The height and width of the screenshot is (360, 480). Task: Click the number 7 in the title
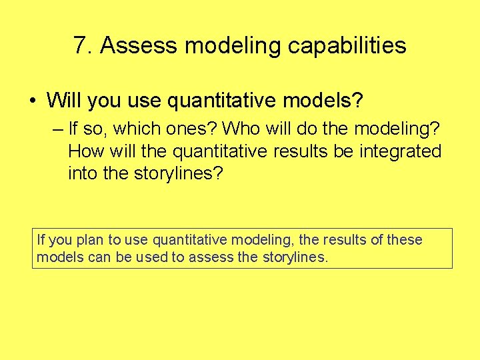pyautogui.click(x=81, y=46)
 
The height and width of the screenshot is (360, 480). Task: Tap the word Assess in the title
pyautogui.click(x=139, y=46)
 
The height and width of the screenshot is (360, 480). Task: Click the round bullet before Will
pyautogui.click(x=33, y=101)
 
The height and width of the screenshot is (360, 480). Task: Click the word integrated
pyautogui.click(x=401, y=151)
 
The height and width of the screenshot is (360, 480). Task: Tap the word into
pyautogui.click(x=81, y=174)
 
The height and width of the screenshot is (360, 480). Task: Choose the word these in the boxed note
pyautogui.click(x=404, y=240)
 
